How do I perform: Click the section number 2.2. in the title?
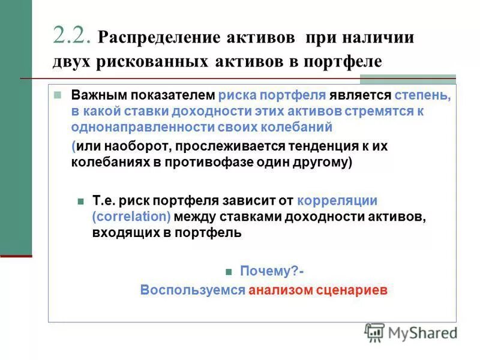(72, 36)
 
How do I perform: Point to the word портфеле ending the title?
(345, 62)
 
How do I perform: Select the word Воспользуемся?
(193, 290)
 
